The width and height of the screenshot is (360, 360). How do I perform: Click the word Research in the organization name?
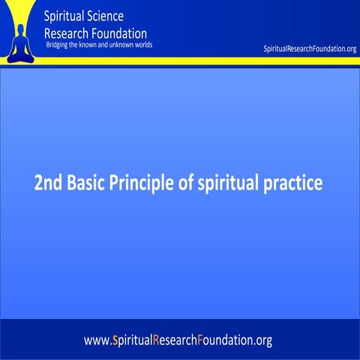[x=68, y=33]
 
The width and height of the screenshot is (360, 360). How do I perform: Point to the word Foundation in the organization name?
[x=119, y=33]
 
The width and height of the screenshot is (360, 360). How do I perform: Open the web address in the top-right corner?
[x=310, y=49]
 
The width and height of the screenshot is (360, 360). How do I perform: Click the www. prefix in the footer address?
[x=97, y=340]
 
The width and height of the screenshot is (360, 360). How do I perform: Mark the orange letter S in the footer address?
[x=113, y=340]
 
